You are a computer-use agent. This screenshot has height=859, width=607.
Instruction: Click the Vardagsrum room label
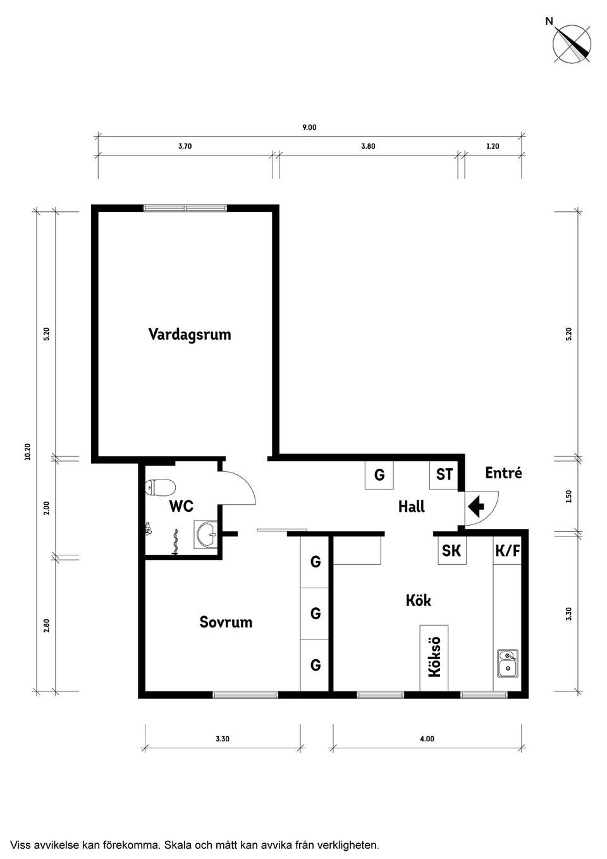(x=190, y=334)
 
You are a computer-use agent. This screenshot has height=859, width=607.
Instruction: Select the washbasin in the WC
(x=206, y=535)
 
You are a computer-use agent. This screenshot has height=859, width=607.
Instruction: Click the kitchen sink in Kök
(x=507, y=662)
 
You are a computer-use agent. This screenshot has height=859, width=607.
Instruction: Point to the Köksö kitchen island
(x=434, y=658)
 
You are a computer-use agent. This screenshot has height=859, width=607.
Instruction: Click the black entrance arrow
(x=475, y=506)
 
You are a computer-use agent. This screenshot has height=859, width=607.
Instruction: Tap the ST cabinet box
(x=445, y=474)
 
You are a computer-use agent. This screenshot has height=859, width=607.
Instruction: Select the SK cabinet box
(x=451, y=551)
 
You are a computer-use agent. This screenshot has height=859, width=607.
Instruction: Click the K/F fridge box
(x=507, y=551)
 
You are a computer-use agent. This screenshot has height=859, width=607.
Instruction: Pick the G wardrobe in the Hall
(x=379, y=475)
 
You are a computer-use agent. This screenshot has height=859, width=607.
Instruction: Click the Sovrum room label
(x=226, y=622)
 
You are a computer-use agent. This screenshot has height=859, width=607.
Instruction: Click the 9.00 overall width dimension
(x=309, y=127)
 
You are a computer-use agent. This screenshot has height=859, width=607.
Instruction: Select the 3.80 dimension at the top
(x=368, y=146)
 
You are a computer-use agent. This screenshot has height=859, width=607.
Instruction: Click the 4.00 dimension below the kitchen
(x=427, y=739)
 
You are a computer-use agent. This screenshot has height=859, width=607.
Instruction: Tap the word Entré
(x=503, y=473)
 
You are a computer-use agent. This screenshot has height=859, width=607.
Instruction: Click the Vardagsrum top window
(x=185, y=207)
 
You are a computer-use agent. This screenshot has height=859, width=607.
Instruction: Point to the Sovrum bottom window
(x=245, y=695)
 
